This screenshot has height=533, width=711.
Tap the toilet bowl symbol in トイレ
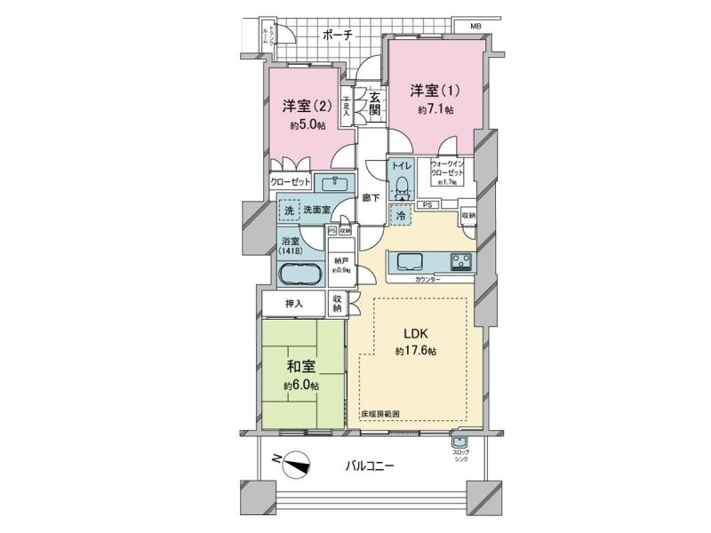402,185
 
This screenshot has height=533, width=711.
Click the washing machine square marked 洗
287,211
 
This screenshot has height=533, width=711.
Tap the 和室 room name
301,364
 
